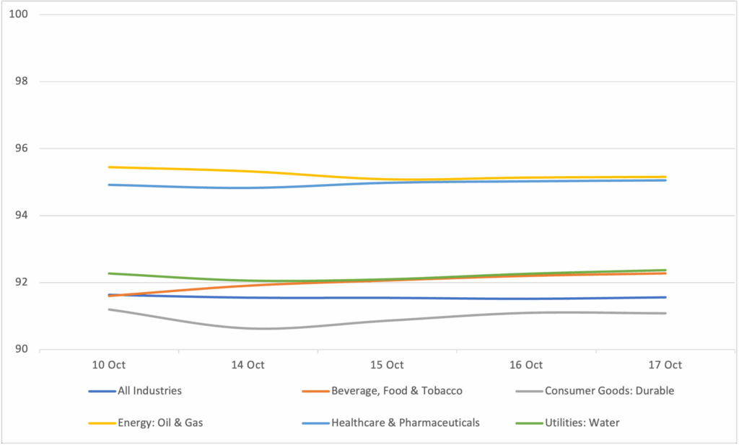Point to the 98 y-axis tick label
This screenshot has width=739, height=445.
coord(20,81)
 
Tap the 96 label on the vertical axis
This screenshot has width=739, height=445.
coord(20,149)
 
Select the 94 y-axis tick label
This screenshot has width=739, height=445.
coord(20,216)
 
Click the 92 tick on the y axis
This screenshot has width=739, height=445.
coord(20,283)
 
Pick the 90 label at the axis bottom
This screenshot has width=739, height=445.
coord(20,350)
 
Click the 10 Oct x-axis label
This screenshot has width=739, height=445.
coord(109,366)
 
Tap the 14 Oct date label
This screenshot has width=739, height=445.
coord(248,366)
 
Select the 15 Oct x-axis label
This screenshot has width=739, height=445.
coord(387,366)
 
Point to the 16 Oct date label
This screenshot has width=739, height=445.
coord(526,366)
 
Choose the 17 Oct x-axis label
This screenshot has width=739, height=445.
coord(665,366)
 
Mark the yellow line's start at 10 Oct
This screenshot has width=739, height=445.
coord(109,167)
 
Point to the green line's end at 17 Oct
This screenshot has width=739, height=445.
coord(665,270)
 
